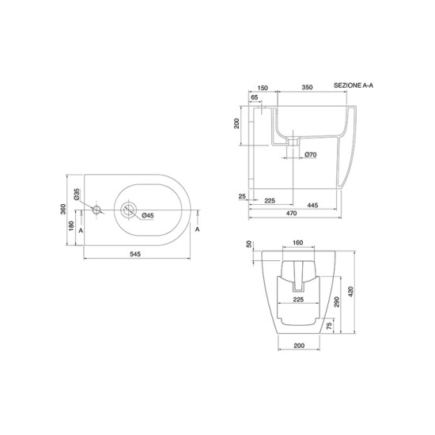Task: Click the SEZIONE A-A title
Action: coord(354,85)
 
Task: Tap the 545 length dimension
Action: coord(135,254)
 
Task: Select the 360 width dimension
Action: coord(63,209)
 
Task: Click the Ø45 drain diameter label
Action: coord(148,215)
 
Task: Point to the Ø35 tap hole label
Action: coord(77,194)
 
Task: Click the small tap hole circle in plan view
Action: coord(96,210)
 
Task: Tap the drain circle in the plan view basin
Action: coord(128,210)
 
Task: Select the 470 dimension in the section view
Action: coord(291,213)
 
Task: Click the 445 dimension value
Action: coord(312,206)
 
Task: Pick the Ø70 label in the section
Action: coord(311,154)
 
